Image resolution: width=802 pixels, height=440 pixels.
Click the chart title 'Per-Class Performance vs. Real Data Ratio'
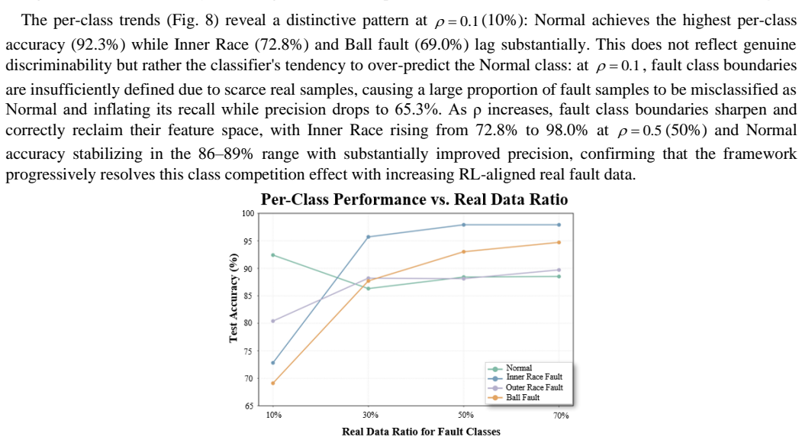pos(414,199)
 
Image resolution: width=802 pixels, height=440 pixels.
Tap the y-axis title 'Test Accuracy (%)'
pos(234,298)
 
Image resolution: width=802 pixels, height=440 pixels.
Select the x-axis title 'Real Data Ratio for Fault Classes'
pos(421,432)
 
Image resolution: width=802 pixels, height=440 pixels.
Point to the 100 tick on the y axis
pos(248,214)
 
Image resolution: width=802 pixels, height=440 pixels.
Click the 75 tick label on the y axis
pos(250,351)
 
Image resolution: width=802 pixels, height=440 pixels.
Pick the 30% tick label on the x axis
pos(370,415)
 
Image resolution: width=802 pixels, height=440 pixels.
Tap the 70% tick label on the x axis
pos(561,416)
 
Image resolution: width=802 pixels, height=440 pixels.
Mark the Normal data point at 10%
pos(273,255)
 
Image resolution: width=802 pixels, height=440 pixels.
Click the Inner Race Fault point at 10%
pos(273,363)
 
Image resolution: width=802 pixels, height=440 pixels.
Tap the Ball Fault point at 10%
pos(273,383)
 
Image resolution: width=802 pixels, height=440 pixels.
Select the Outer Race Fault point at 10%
pos(273,321)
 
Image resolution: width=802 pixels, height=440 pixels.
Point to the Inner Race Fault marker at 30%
pos(369,237)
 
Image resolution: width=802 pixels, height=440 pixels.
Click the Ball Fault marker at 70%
pos(559,242)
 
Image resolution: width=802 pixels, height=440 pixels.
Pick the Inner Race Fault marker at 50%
pos(463,225)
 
